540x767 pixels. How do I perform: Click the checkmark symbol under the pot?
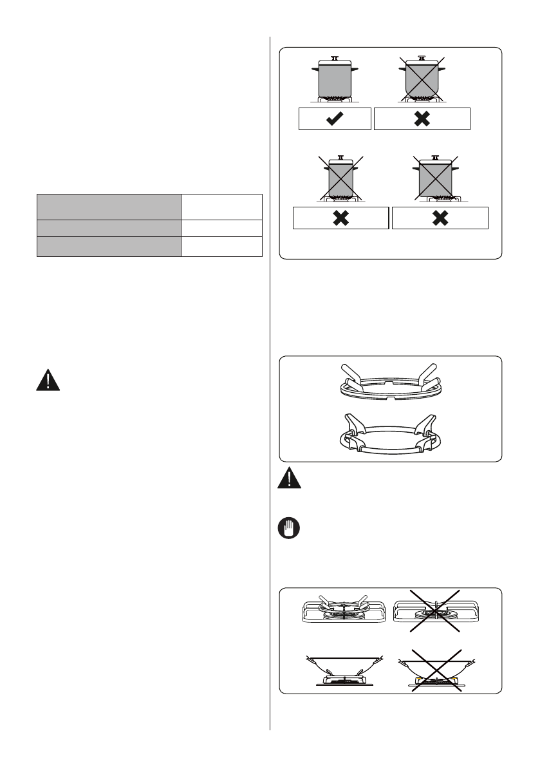(x=335, y=119)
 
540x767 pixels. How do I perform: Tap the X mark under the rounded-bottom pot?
(x=422, y=119)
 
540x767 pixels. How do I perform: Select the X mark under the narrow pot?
(x=341, y=218)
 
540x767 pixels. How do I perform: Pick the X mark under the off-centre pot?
(x=440, y=218)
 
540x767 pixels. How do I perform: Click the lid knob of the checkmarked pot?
(x=335, y=57)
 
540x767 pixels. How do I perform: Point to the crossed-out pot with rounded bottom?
(x=422, y=79)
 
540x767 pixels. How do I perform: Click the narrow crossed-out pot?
(x=341, y=179)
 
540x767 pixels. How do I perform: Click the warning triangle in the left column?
(x=48, y=381)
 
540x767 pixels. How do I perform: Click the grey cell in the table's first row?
(x=107, y=206)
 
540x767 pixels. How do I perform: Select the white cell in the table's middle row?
(x=221, y=228)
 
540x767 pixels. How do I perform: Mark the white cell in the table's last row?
(x=221, y=247)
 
